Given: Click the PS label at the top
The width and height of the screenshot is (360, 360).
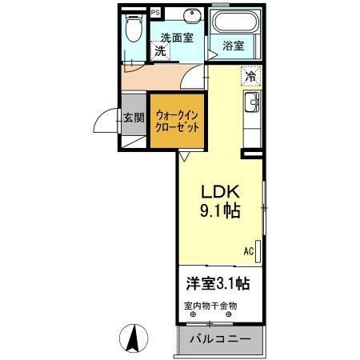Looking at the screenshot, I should click(x=155, y=13).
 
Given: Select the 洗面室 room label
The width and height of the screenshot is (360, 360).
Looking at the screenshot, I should click(x=176, y=37).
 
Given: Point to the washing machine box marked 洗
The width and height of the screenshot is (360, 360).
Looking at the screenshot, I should click(x=161, y=50).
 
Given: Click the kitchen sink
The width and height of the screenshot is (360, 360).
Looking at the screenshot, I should click(x=253, y=102).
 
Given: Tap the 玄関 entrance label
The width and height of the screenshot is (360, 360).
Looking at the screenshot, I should click(x=134, y=118).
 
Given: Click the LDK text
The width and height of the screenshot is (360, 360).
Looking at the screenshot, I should click(x=221, y=192).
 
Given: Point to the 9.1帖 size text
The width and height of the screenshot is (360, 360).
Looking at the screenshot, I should click(x=221, y=211).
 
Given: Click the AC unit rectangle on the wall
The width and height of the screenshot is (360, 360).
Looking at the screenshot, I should click(x=258, y=249).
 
